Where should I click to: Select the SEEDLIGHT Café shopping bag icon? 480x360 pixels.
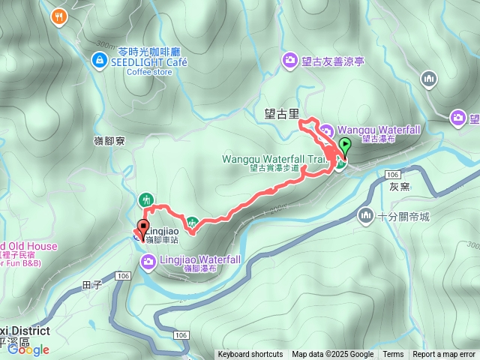click(99, 58)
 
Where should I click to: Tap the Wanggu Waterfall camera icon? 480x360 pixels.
click(327, 130)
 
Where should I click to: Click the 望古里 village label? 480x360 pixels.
click(281, 115)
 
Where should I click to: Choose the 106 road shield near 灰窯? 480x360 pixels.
click(394, 174)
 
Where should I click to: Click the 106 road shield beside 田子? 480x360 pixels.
click(124, 277)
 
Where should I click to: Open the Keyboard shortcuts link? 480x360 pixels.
click(250, 355)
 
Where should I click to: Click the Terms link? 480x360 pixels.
click(393, 355)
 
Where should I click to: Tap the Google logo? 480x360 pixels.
click(28, 349)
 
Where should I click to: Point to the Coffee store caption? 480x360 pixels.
click(149, 72)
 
